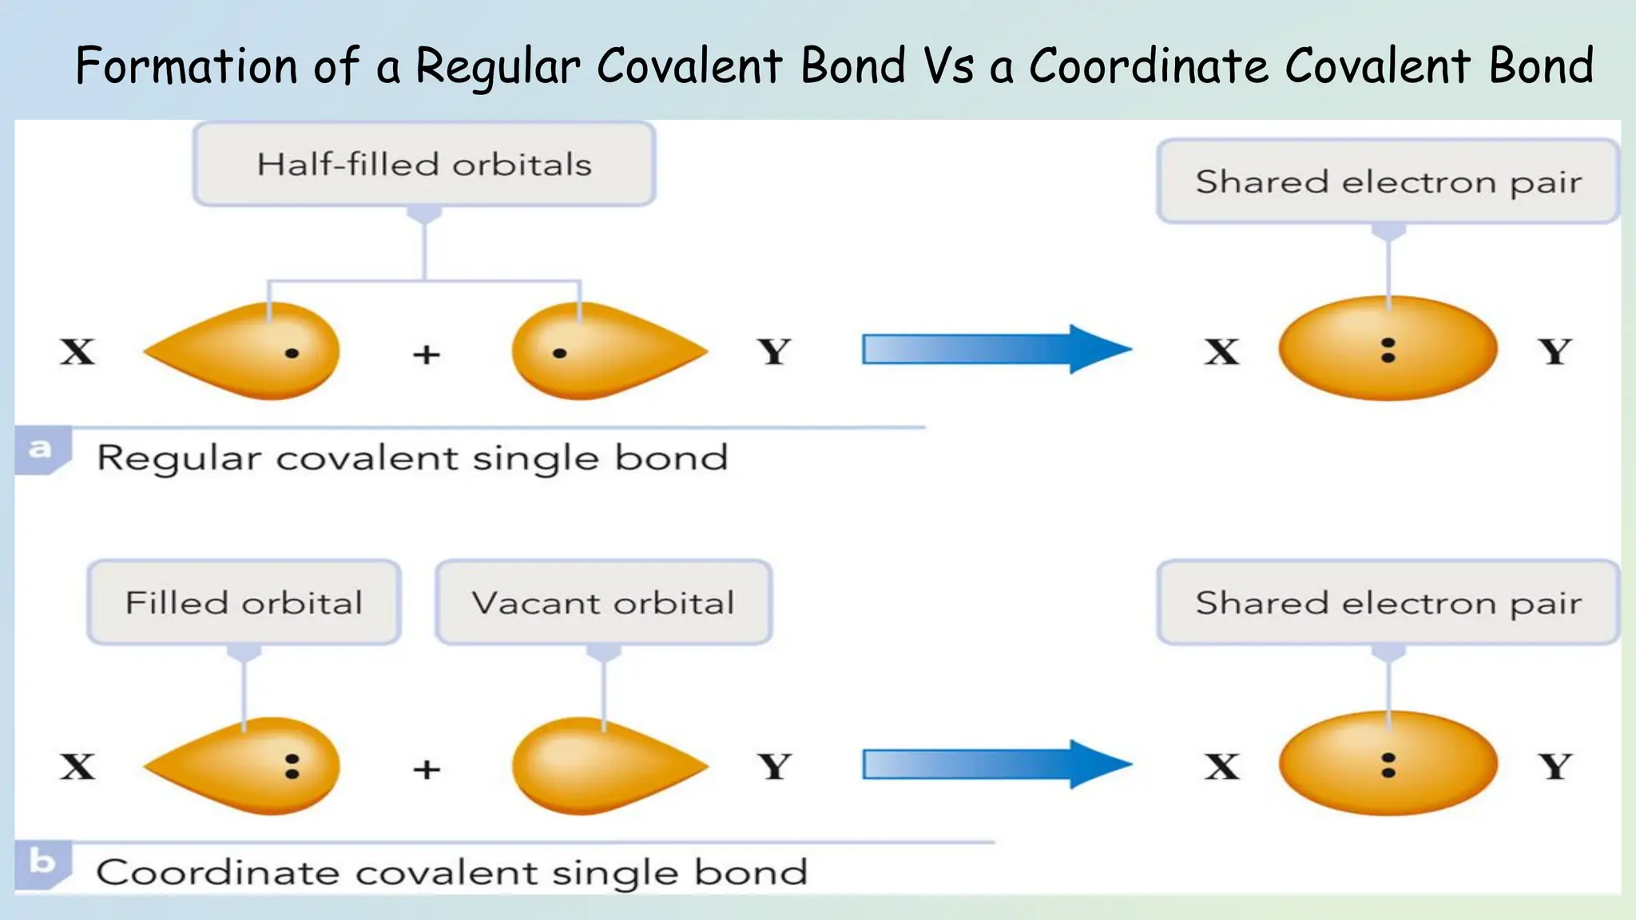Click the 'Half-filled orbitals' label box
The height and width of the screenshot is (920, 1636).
[x=424, y=165]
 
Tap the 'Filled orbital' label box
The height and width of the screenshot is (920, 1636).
[x=244, y=603]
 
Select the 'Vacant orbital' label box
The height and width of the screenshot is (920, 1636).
[x=603, y=603]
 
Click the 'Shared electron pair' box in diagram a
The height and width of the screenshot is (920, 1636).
[x=1388, y=182]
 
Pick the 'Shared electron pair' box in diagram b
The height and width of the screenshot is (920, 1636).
[x=1388, y=603]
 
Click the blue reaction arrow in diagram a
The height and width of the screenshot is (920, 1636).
[x=995, y=349]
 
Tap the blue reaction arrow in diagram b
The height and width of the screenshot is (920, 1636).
[x=995, y=764]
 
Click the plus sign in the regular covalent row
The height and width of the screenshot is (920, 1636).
[x=427, y=354]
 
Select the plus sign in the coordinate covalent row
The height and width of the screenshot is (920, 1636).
[x=427, y=769]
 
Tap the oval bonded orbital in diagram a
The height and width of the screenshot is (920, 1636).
[x=1388, y=349]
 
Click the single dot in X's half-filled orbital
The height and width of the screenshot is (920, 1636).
[x=292, y=353]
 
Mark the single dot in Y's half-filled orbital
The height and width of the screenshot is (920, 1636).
[x=559, y=353]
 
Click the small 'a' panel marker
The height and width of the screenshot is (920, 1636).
[x=40, y=450]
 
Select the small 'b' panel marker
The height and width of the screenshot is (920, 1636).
[x=42, y=862]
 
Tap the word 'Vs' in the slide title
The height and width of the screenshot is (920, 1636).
[x=948, y=65]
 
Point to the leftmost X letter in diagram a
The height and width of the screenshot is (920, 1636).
[x=77, y=351]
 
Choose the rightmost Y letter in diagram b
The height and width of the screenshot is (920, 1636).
[x=1555, y=767]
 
